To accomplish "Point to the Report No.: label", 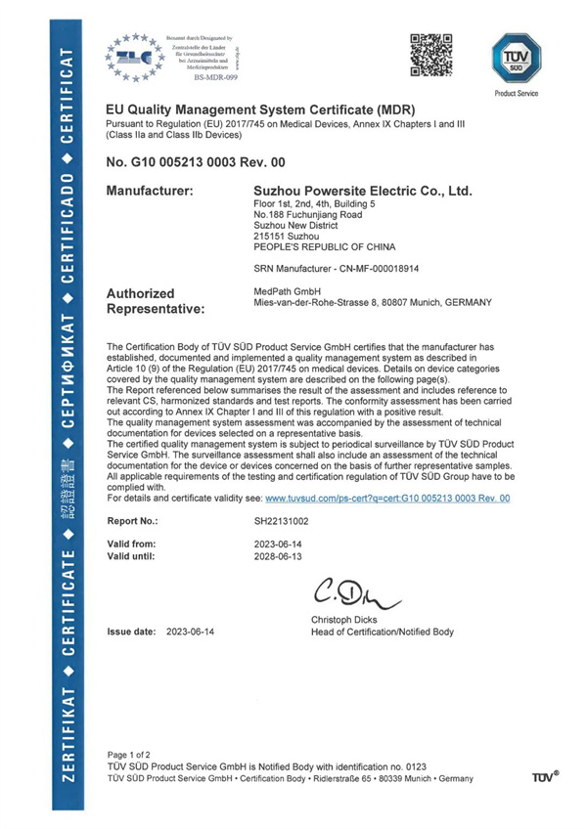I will pos(132,521).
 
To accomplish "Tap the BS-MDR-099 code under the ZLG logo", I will pos(217,76).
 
